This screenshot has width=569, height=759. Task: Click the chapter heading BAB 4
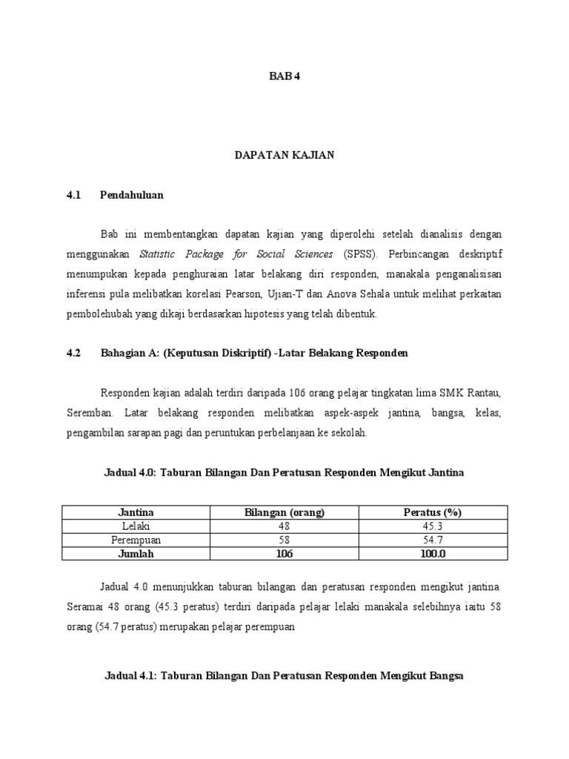click(x=284, y=76)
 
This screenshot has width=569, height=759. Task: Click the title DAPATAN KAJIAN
click(x=284, y=155)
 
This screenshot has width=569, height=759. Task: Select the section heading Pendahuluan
click(x=132, y=195)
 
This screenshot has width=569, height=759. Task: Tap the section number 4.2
click(x=73, y=353)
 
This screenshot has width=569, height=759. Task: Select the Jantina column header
click(x=136, y=512)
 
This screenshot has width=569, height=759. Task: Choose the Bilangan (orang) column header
click(x=284, y=512)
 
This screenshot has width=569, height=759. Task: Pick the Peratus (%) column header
click(x=433, y=512)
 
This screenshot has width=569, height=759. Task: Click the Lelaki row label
click(x=136, y=526)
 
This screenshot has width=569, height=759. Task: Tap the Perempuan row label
click(x=136, y=539)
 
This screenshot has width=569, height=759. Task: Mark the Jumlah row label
click(x=136, y=553)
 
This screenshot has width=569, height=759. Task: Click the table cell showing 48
click(x=284, y=526)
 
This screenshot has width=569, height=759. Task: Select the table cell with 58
click(x=284, y=539)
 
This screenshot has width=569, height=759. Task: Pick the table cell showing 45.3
click(x=433, y=526)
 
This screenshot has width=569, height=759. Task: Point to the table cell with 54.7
click(x=433, y=539)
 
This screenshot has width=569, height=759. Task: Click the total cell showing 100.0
click(x=433, y=553)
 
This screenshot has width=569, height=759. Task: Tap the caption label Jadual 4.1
click(x=131, y=677)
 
